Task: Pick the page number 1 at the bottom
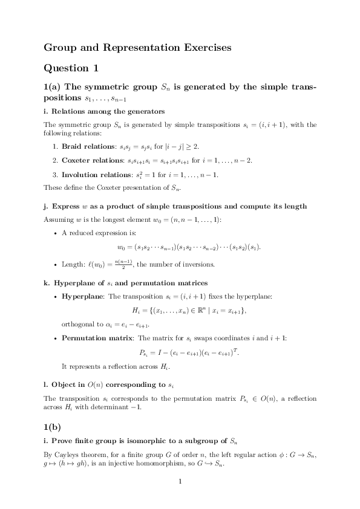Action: click(180, 482)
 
